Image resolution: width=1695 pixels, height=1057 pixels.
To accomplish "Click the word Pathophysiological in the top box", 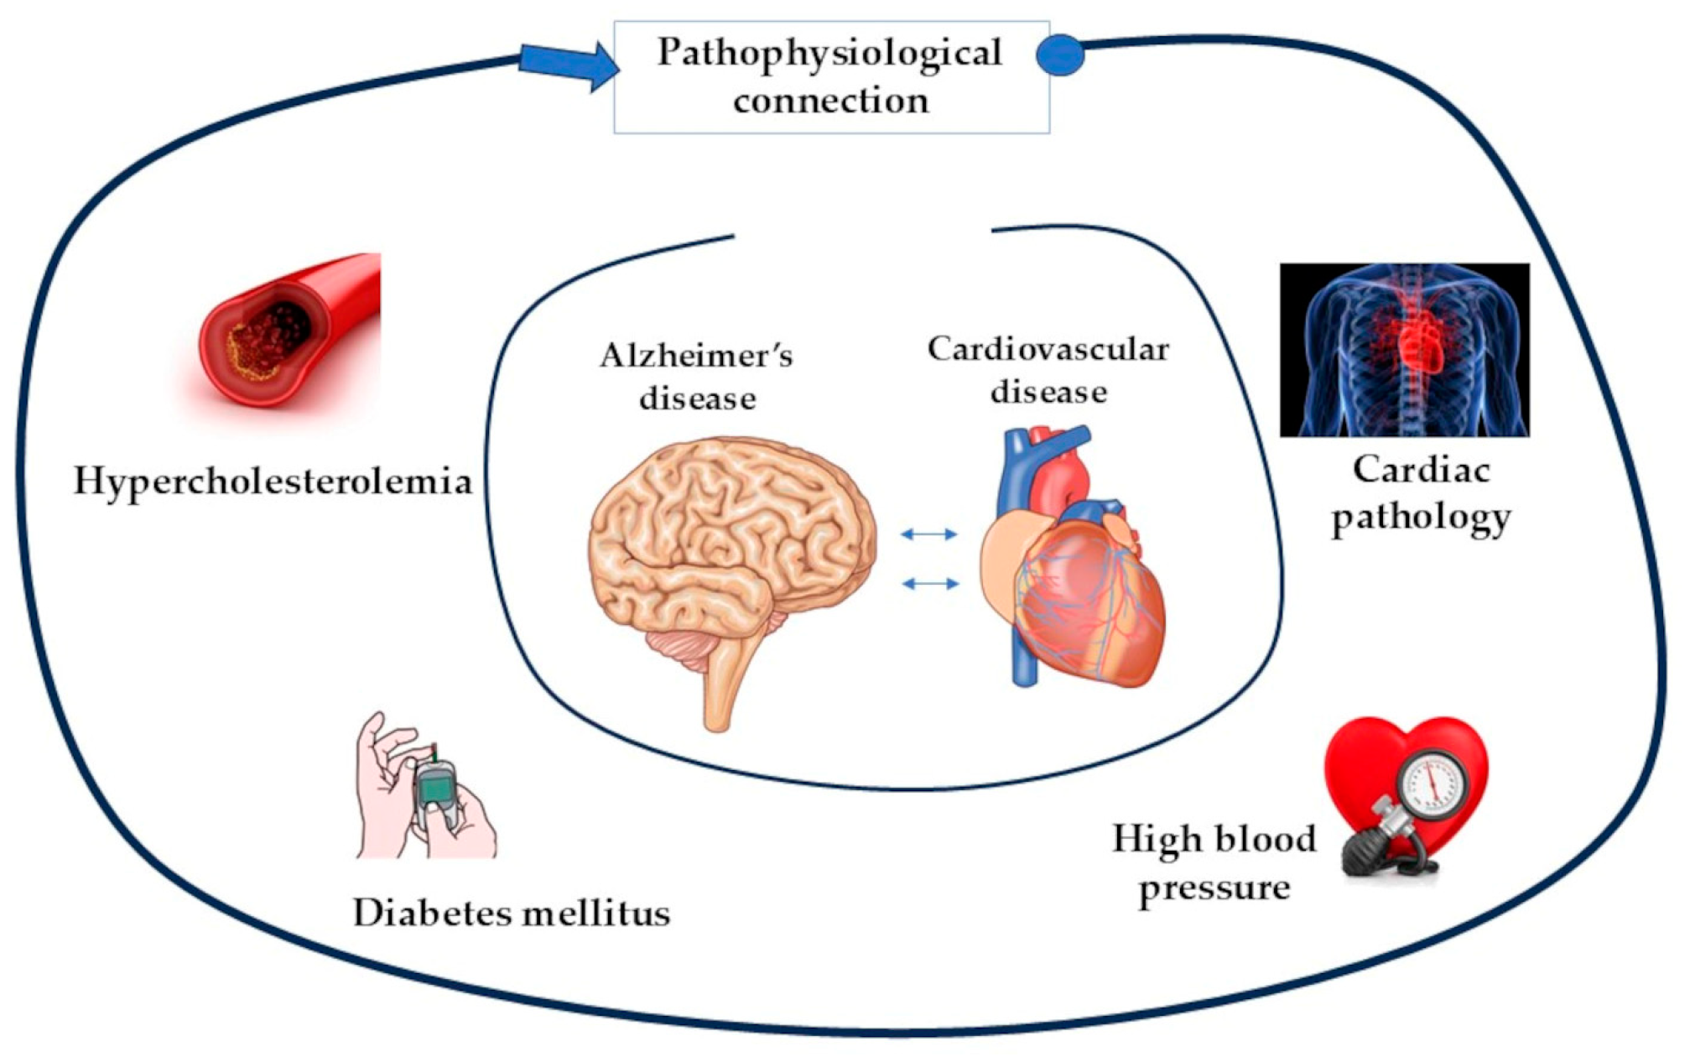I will click(x=829, y=53).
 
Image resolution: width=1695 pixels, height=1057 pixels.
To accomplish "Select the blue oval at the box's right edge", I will click(x=1060, y=55).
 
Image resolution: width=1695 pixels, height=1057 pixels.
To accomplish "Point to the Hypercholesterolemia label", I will click(x=273, y=482).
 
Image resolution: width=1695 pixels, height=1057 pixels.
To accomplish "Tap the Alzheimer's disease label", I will click(x=697, y=377).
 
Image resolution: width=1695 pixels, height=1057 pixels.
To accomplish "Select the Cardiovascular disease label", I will click(x=1048, y=370).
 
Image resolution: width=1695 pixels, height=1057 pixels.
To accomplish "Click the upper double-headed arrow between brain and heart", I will click(x=928, y=534).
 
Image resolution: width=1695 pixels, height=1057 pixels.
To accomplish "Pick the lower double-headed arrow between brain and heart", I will click(x=930, y=583).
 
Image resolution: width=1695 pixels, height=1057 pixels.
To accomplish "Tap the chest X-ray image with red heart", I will click(x=1404, y=350).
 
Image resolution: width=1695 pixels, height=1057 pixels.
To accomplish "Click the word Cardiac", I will click(x=1421, y=470).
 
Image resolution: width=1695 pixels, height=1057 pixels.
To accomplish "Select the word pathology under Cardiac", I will click(x=1421, y=517).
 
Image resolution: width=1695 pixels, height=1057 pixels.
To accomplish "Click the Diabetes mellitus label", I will click(x=512, y=913).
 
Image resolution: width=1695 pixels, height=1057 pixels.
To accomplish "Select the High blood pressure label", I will click(x=1214, y=862).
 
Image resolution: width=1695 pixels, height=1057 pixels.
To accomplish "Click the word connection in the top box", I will click(x=831, y=101).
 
